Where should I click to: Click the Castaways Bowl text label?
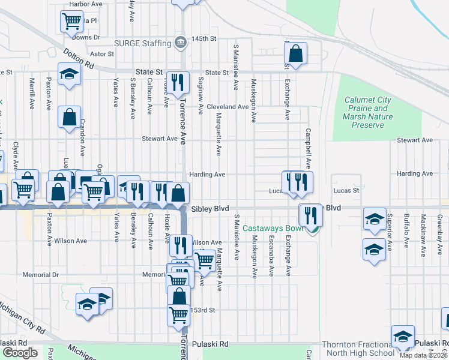click(274, 229)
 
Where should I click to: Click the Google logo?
click(20, 353)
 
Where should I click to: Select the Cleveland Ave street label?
click(228, 107)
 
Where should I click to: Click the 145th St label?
click(203, 39)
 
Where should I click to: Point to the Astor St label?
click(102, 53)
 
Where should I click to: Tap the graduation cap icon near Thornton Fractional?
click(403, 337)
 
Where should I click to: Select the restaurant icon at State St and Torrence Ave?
click(178, 83)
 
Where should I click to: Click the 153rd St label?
click(203, 310)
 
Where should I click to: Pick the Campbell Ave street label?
click(308, 149)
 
